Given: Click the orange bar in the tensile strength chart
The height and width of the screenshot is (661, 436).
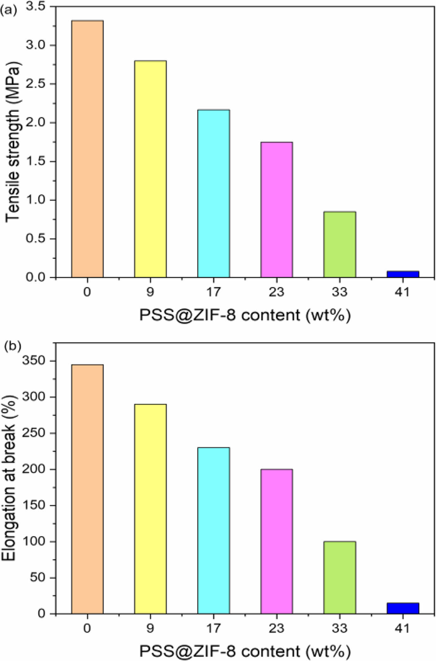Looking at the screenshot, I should [x=87, y=149].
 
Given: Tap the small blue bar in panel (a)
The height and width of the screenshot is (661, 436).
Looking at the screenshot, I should [x=403, y=274].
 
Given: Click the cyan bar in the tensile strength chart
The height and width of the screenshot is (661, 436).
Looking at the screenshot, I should [x=214, y=194].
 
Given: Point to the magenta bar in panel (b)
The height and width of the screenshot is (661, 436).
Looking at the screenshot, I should [x=277, y=541].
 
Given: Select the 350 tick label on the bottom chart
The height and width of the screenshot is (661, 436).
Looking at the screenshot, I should [x=33, y=361].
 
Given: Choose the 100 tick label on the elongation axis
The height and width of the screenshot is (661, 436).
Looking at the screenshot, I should [x=33, y=542].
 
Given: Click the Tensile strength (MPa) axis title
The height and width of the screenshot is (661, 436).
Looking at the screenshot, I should [x=13, y=142].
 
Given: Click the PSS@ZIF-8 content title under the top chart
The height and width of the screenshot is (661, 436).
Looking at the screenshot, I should [x=245, y=315].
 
